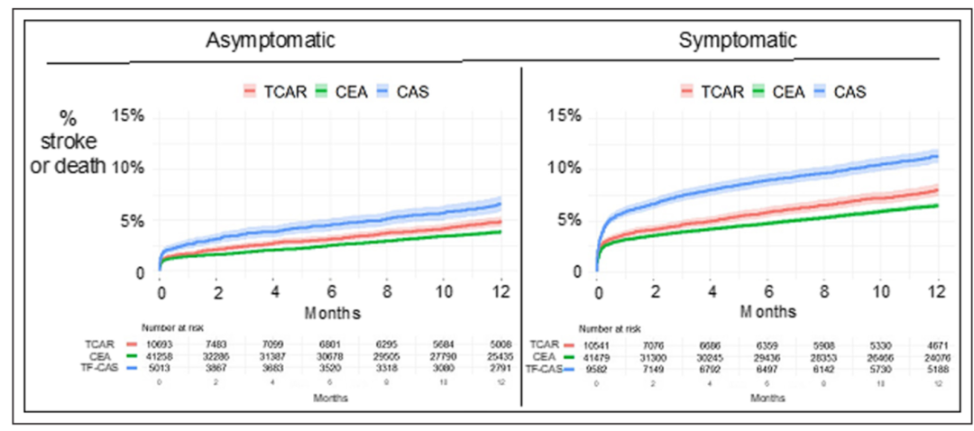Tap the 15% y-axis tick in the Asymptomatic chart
[126, 116]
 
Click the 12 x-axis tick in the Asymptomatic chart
[501, 293]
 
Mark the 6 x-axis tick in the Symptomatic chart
[767, 293]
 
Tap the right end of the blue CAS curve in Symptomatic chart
[937, 156]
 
